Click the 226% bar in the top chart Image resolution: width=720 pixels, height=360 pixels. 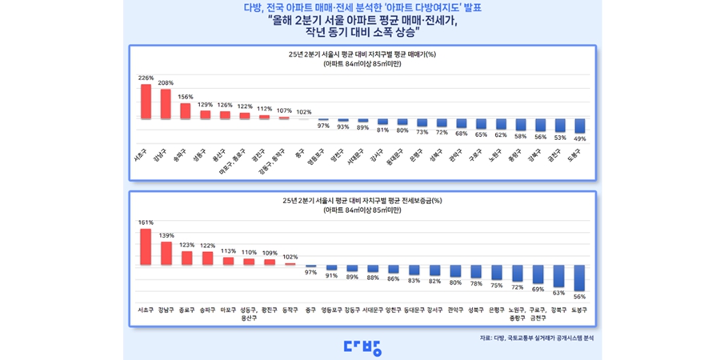(146, 101)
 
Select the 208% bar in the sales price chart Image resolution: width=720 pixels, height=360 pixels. (166, 103)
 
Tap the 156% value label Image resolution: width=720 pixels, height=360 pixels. (185, 98)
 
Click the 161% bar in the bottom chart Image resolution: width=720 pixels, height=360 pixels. (146, 246)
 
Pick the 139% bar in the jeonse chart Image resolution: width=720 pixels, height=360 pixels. (166, 253)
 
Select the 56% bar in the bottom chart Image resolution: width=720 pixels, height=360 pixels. (580, 278)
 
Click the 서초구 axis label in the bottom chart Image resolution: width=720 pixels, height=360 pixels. (146, 309)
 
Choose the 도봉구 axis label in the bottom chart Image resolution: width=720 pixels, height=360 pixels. (580, 309)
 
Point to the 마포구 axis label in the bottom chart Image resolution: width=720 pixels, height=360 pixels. (228, 309)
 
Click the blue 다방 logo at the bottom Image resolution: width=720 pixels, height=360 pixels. (362, 347)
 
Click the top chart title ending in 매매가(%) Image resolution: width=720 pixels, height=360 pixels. (362, 54)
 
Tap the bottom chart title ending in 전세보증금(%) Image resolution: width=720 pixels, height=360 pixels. (362, 201)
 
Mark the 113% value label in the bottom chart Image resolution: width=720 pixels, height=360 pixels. (228, 251)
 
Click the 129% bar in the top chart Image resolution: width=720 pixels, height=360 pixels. (205, 114)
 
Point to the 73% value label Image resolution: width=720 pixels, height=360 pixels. (422, 132)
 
